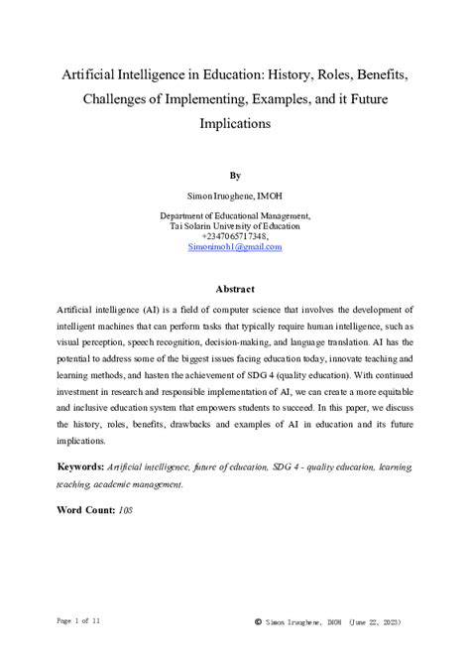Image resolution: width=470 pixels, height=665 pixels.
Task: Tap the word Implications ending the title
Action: [x=234, y=126]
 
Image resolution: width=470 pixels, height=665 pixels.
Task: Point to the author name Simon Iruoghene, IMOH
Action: [x=235, y=196]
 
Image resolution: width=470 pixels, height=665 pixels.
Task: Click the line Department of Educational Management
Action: [x=235, y=215]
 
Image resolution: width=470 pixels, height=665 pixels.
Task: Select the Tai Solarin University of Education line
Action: [x=235, y=226]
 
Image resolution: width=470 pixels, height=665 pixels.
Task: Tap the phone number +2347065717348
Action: [x=234, y=237]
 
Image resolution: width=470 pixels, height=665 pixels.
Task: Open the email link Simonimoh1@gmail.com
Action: [x=235, y=248]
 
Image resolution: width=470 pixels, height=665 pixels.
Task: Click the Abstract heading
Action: [x=235, y=290]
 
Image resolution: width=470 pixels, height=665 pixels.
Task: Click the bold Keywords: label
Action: [x=80, y=465]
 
